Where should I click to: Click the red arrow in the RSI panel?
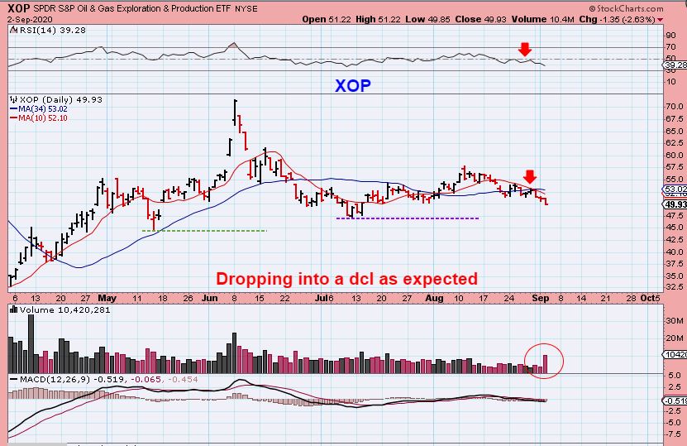tap(525, 50)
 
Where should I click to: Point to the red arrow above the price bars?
tap(530, 175)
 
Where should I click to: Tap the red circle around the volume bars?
tap(545, 361)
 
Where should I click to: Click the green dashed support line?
tap(211, 230)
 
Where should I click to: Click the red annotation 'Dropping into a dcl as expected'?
tap(346, 279)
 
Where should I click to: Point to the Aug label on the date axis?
tap(434, 298)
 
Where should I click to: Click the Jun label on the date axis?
tap(209, 298)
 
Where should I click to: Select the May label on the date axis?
tap(107, 298)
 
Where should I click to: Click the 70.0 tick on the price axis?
tap(674, 106)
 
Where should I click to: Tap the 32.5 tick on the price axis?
tap(674, 288)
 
